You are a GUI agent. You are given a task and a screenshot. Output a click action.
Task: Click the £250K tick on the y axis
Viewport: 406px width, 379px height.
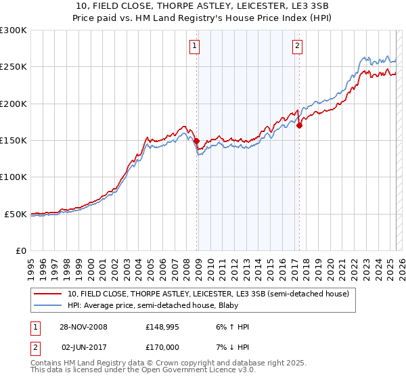[14, 67]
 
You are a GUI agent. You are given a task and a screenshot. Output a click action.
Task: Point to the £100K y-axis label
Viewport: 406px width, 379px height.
[14, 177]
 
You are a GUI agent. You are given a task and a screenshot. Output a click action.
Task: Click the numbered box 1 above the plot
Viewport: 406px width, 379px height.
[194, 46]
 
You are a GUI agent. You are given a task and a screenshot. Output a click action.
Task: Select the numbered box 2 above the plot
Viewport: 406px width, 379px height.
[297, 46]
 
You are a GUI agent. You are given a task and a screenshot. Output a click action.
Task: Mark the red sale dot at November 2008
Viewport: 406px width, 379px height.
[197, 141]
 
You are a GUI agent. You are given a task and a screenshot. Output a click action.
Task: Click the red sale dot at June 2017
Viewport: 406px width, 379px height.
[299, 125]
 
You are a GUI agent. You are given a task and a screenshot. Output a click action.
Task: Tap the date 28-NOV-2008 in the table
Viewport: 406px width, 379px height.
[83, 327]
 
